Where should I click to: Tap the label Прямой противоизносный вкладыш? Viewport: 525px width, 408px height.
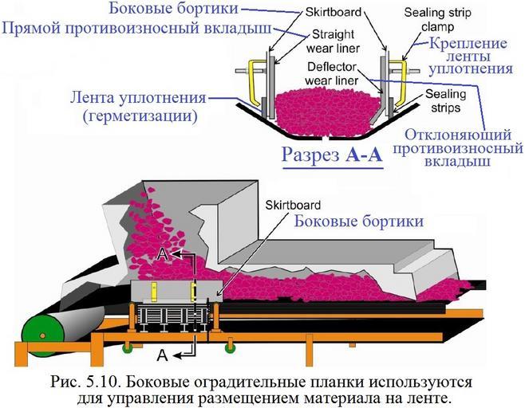pyautogui.click(x=136, y=29)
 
